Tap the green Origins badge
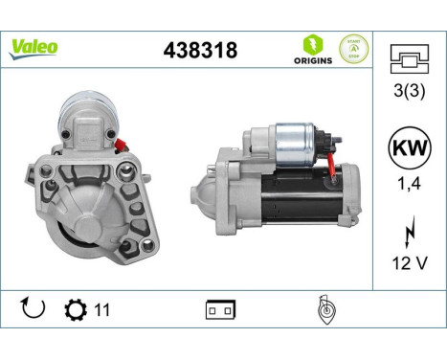click(x=313, y=49)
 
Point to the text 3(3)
click(x=410, y=92)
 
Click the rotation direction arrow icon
click(x=33, y=309)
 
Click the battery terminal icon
click(x=219, y=310)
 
